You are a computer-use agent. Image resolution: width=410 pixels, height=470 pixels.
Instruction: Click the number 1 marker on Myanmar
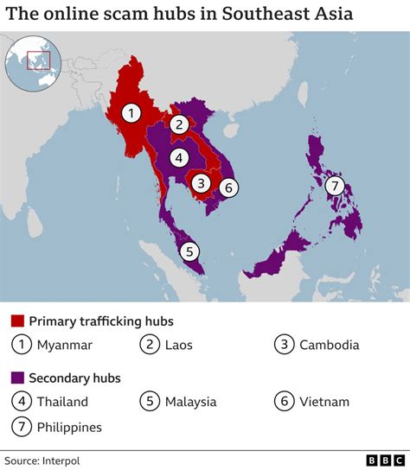tap(131, 112)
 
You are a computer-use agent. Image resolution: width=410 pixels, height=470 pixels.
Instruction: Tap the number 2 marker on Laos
tap(179, 124)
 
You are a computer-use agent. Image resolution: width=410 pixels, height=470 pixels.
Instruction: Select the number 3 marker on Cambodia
tap(201, 183)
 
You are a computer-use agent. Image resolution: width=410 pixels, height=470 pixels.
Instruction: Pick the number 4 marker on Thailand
tap(177, 157)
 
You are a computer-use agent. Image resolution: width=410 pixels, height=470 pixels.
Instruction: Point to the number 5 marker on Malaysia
tap(189, 252)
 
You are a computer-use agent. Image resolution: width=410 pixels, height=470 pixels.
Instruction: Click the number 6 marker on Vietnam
tap(228, 187)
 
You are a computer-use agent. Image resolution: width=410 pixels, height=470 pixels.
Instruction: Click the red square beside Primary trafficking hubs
tap(17, 321)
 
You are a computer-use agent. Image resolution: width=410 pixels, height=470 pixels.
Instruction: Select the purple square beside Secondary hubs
tap(17, 378)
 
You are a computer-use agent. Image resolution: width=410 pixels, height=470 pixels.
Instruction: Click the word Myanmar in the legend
tap(64, 346)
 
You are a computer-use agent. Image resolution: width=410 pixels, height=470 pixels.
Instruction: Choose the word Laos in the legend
tap(177, 346)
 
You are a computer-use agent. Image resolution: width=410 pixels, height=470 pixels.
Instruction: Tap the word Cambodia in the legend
tap(329, 346)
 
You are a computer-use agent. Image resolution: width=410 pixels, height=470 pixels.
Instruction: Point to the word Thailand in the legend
tap(62, 402)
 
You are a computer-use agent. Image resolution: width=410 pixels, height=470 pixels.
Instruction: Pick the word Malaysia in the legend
tap(189, 402)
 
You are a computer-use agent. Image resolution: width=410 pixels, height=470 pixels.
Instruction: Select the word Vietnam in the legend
tap(324, 402)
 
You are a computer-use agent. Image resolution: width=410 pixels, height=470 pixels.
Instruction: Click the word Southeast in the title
tap(264, 15)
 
